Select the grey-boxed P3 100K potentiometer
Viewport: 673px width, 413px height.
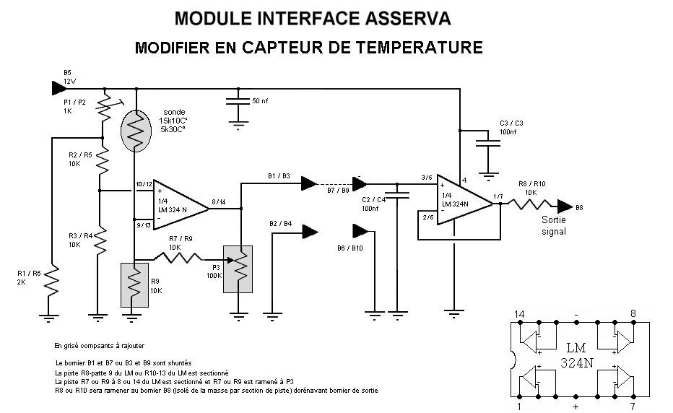click(x=238, y=268)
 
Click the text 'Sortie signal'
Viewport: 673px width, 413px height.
click(x=554, y=225)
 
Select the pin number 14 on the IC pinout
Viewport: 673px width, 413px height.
click(x=519, y=314)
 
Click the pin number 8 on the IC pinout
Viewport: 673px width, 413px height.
click(x=633, y=314)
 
